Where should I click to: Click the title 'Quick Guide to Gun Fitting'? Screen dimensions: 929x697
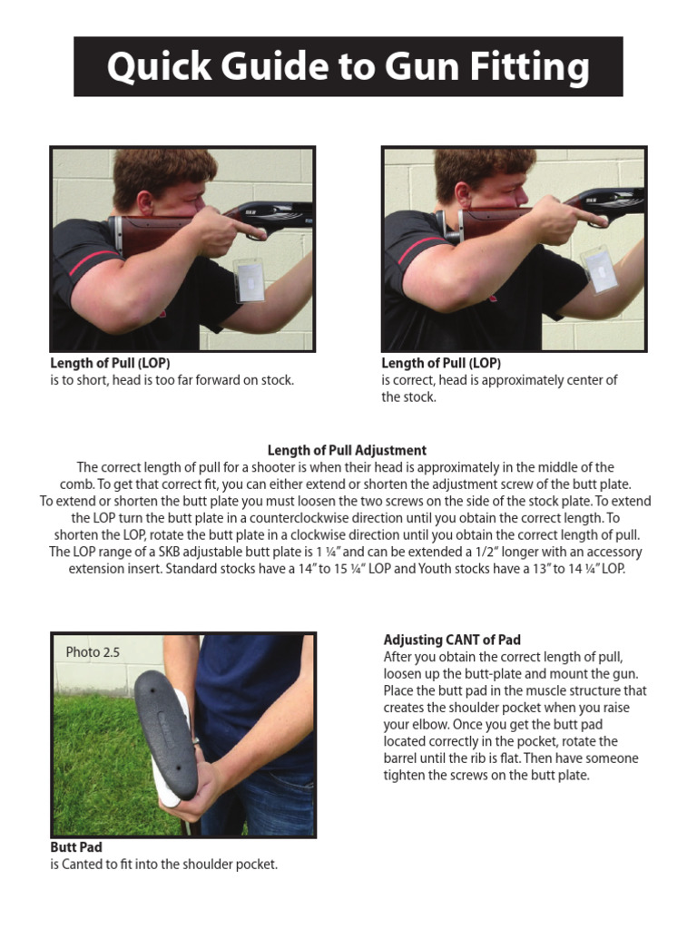tap(348, 67)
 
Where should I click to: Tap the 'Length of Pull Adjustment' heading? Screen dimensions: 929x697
tap(347, 450)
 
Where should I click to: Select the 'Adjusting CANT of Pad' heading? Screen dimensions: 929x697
tap(452, 640)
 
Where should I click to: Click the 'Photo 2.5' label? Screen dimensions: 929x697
tap(93, 652)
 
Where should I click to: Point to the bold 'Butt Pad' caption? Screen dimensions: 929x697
tap(76, 847)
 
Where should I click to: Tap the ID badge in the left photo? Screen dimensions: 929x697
tap(249, 279)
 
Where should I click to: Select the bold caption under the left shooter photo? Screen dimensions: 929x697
tap(110, 363)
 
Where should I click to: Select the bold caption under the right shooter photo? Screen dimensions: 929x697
tap(441, 363)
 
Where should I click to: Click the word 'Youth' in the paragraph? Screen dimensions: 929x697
tap(462, 569)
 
